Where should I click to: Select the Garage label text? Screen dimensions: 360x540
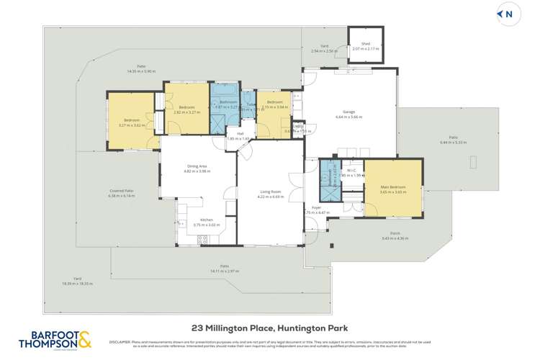pos(348,112)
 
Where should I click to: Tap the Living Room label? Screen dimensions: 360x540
pos(270,192)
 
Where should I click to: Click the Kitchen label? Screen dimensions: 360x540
pos(207,220)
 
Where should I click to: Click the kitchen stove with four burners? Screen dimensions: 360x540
pos(203,239)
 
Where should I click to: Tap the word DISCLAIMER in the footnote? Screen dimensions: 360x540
pos(120,342)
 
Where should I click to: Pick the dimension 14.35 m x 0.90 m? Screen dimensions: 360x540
pos(141,71)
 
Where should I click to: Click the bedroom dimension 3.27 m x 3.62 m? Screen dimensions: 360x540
pos(131,125)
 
